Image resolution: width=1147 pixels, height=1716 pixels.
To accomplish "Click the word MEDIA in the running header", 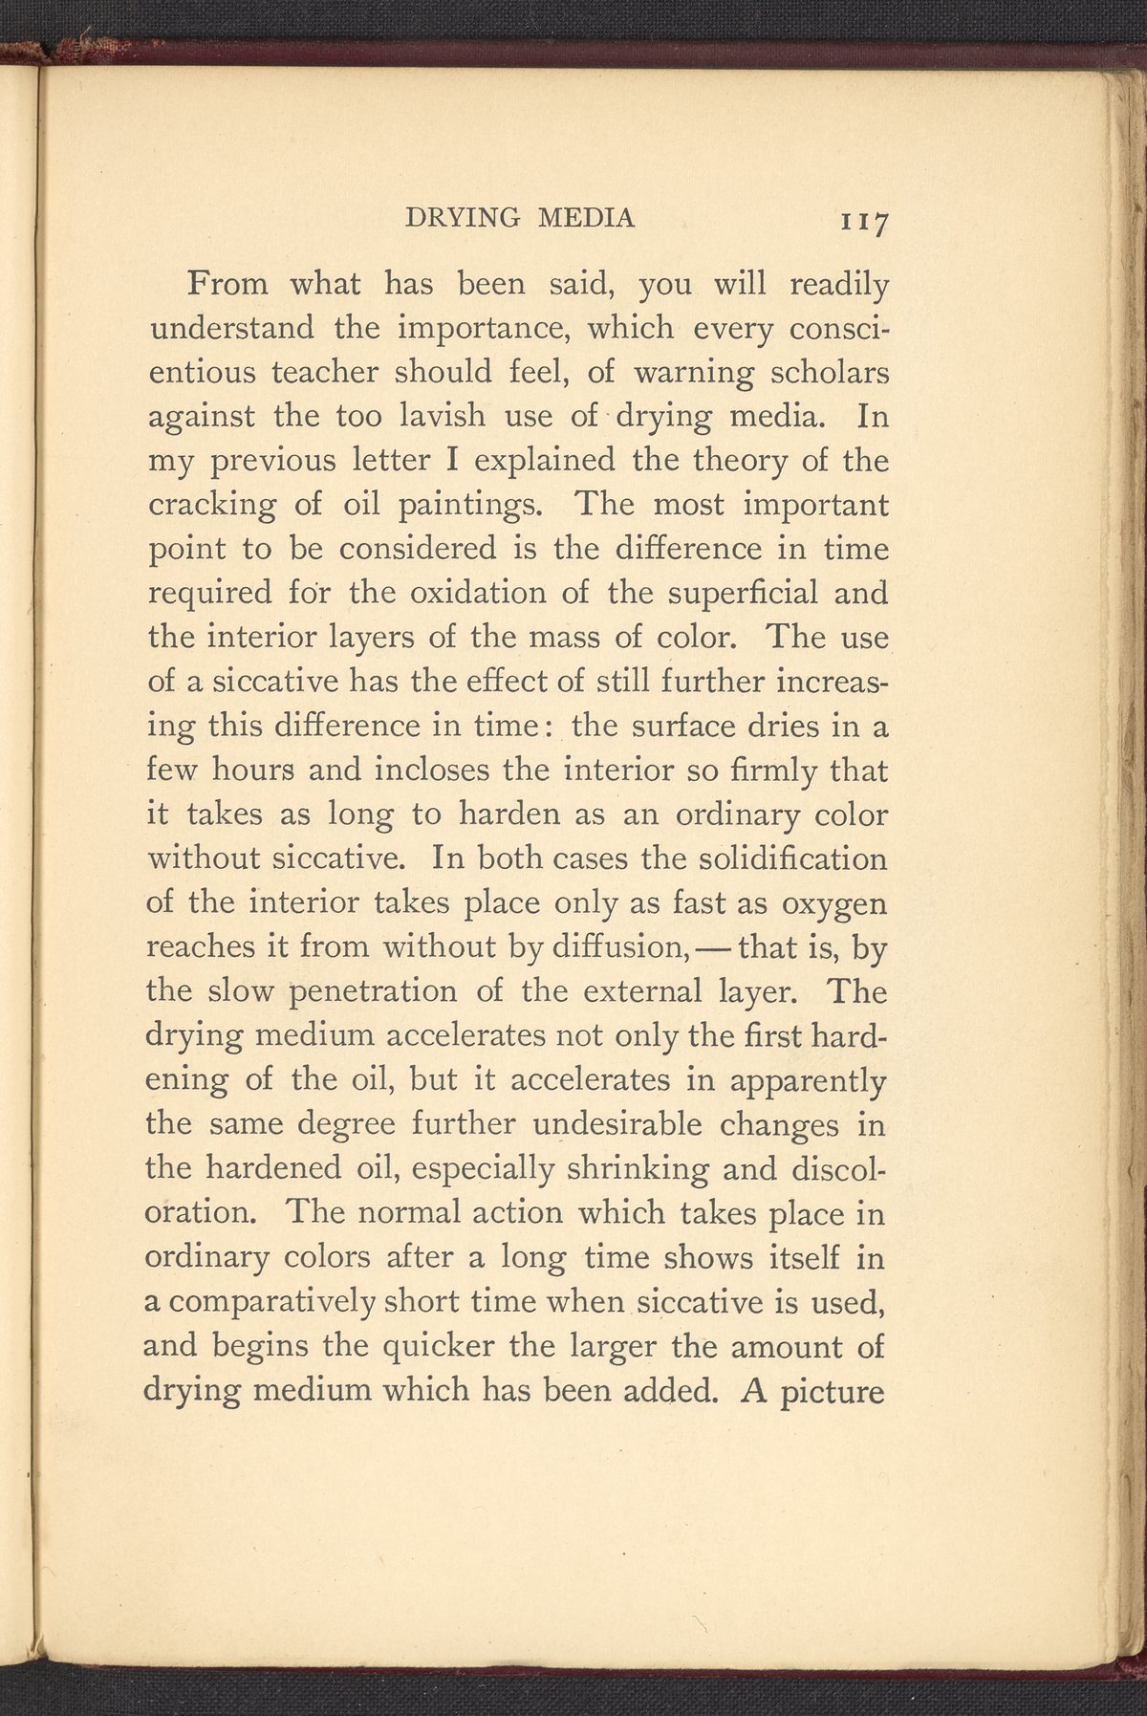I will (x=586, y=218).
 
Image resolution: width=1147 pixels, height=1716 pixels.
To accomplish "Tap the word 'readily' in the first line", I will (x=841, y=285).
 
